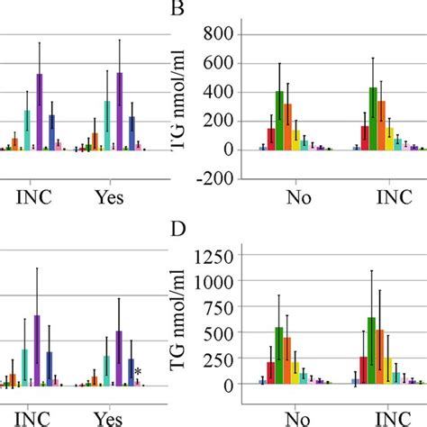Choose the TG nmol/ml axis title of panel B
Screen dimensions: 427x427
coord(186,99)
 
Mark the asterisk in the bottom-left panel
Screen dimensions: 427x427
coord(138,372)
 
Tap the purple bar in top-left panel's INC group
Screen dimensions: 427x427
coord(40,111)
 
